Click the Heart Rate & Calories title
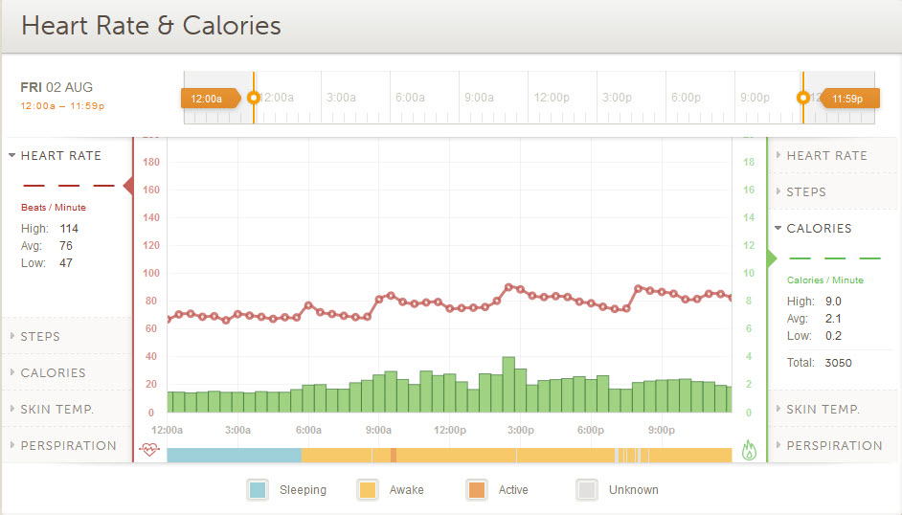(x=151, y=26)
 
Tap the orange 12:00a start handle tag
(x=208, y=98)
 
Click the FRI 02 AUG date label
(x=58, y=87)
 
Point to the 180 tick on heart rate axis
(x=150, y=162)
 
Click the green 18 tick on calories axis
(x=749, y=162)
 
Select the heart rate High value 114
(x=69, y=229)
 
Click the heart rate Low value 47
(x=66, y=263)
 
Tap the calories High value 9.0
(x=832, y=302)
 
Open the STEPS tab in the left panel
(x=40, y=337)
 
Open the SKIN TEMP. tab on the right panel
(x=823, y=410)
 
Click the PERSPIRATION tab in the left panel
(x=68, y=446)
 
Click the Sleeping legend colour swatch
(x=258, y=490)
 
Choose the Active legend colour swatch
(x=476, y=490)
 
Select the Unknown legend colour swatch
(x=587, y=490)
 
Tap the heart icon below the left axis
(x=149, y=449)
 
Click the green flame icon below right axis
(x=749, y=450)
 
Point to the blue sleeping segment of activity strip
(x=235, y=456)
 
